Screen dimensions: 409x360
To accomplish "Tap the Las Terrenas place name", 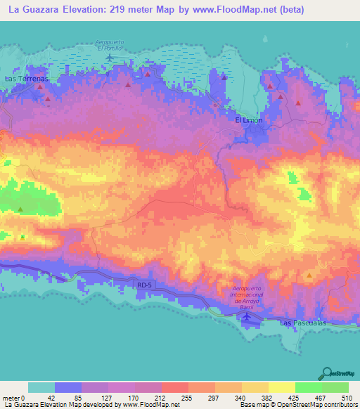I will pyautogui.click(x=25, y=79).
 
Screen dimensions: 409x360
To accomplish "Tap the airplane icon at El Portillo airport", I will pyautogui.click(x=109, y=56).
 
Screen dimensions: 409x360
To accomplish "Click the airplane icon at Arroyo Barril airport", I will pyautogui.click(x=246, y=316).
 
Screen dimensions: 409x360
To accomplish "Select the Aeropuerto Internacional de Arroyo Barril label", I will pyautogui.click(x=250, y=298).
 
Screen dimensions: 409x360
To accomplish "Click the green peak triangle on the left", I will pyautogui.click(x=20, y=209).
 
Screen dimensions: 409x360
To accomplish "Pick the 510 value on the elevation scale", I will pyautogui.click(x=345, y=397).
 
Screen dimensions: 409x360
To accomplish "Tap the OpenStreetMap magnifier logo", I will pyautogui.click(x=327, y=374).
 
